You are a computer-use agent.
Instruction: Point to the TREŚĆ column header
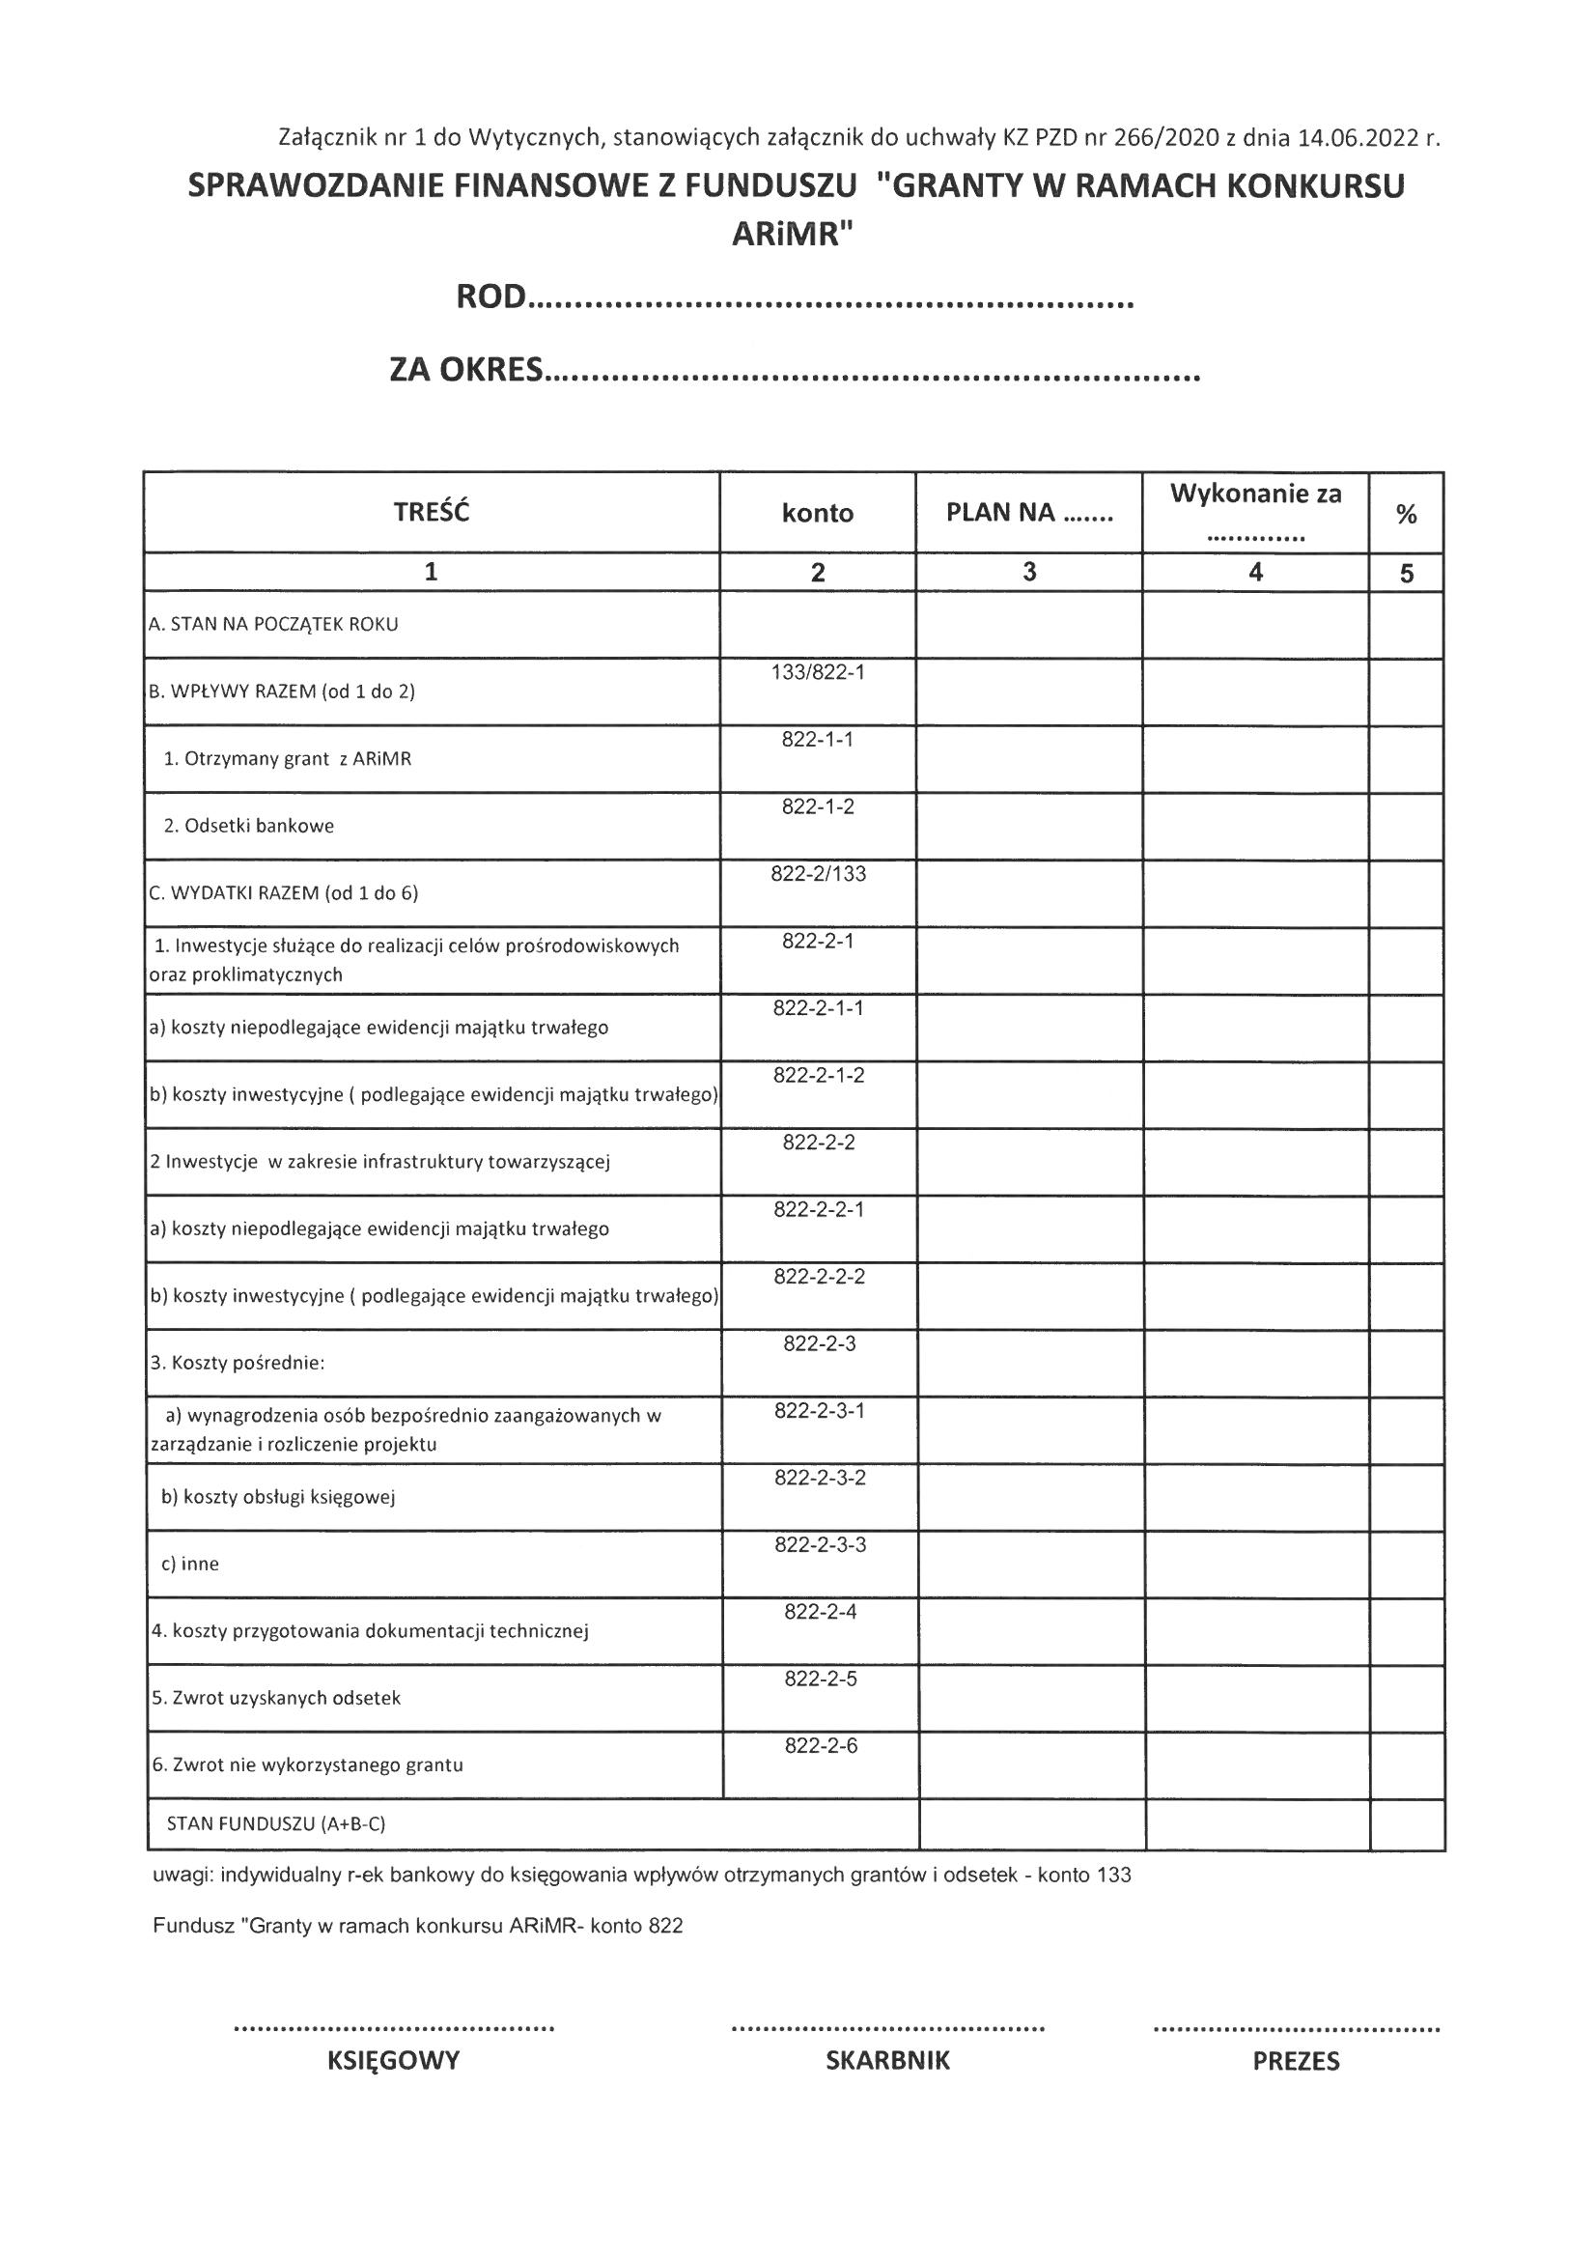click(431, 513)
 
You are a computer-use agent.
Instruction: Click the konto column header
click(817, 514)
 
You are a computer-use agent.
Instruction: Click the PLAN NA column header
click(1028, 513)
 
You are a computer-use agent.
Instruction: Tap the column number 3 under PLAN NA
click(1028, 573)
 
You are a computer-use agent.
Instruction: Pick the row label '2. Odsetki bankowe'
click(249, 826)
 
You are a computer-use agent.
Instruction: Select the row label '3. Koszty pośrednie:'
click(238, 1363)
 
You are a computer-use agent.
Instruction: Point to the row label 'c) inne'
click(190, 1565)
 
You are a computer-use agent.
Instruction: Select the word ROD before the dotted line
click(490, 297)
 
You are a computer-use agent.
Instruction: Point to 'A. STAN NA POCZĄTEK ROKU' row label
click(273, 625)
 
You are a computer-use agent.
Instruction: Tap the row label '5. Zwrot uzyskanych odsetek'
click(276, 1699)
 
